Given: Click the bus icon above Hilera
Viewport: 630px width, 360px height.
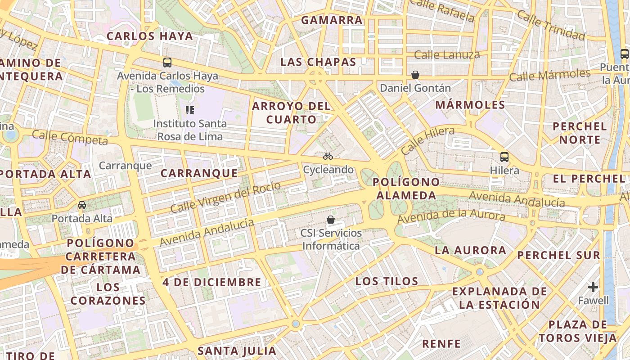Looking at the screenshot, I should (x=504, y=157).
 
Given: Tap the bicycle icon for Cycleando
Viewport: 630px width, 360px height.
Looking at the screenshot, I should (x=328, y=156).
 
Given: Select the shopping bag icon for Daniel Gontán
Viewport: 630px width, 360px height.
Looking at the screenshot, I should (x=415, y=75).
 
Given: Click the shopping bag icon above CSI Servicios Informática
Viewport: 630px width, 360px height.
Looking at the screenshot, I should (x=331, y=220).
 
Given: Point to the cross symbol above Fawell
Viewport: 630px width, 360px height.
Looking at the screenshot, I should (x=593, y=287).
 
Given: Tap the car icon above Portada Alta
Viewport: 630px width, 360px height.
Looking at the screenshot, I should (x=82, y=205).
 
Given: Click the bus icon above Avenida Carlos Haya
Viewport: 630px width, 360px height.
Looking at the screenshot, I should (x=167, y=63).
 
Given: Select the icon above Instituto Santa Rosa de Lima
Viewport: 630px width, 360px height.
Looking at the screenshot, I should (x=190, y=110).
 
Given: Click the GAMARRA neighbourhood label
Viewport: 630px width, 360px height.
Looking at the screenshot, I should (x=332, y=20).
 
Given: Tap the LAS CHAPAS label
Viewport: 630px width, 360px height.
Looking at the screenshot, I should (x=318, y=62).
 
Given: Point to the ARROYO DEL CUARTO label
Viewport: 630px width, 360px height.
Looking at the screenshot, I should (x=291, y=112).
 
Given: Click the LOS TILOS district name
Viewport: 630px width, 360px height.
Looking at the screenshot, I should (x=387, y=282).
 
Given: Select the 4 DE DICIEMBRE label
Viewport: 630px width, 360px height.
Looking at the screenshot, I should (x=212, y=283).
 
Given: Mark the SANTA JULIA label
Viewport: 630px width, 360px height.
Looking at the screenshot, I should (x=237, y=351).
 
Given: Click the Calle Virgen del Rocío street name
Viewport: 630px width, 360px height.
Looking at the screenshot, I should (x=225, y=197).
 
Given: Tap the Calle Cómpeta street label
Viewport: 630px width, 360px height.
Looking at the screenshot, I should (x=70, y=138).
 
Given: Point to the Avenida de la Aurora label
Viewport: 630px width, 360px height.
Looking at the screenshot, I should (x=451, y=216).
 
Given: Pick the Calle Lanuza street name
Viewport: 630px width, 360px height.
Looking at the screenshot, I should (x=447, y=55).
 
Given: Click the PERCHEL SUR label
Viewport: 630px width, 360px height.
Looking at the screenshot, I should (x=558, y=256).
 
